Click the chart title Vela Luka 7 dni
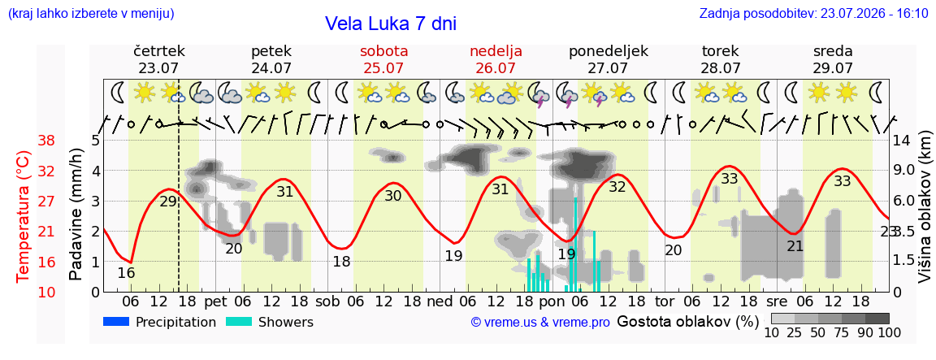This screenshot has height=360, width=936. [390, 24]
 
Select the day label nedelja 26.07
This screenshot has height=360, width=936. [496, 59]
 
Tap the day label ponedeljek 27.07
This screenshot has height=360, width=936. [609, 59]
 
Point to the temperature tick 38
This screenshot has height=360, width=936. [46, 141]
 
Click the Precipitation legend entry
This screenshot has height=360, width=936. [159, 323]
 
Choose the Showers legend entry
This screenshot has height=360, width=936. [270, 323]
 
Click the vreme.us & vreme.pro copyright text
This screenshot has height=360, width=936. [540, 323]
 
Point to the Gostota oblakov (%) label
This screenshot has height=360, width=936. [687, 322]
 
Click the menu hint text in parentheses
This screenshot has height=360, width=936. [91, 14]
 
